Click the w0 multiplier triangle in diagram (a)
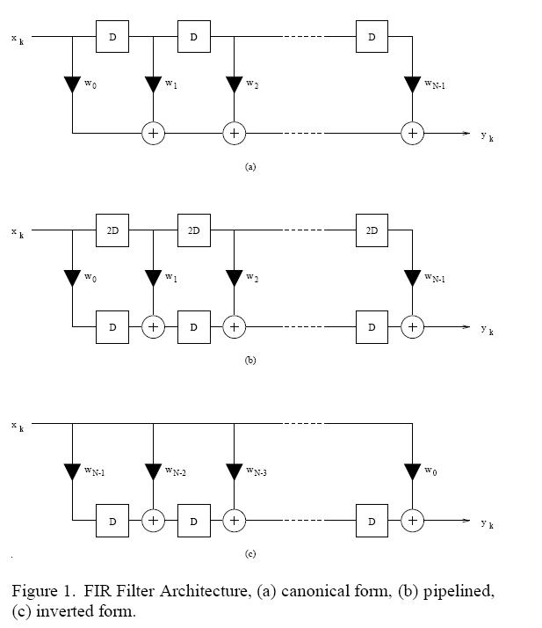(72, 86)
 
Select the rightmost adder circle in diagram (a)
(412, 133)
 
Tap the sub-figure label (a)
(250, 166)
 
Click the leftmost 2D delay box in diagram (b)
(112, 230)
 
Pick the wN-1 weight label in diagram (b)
(437, 278)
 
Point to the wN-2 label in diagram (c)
(176, 472)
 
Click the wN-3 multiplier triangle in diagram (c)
(234, 472)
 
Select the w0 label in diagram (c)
(430, 471)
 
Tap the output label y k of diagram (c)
(487, 523)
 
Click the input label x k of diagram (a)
(18, 39)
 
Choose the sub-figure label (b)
(250, 361)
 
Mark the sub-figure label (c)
(250, 554)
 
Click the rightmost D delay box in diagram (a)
(372, 37)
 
